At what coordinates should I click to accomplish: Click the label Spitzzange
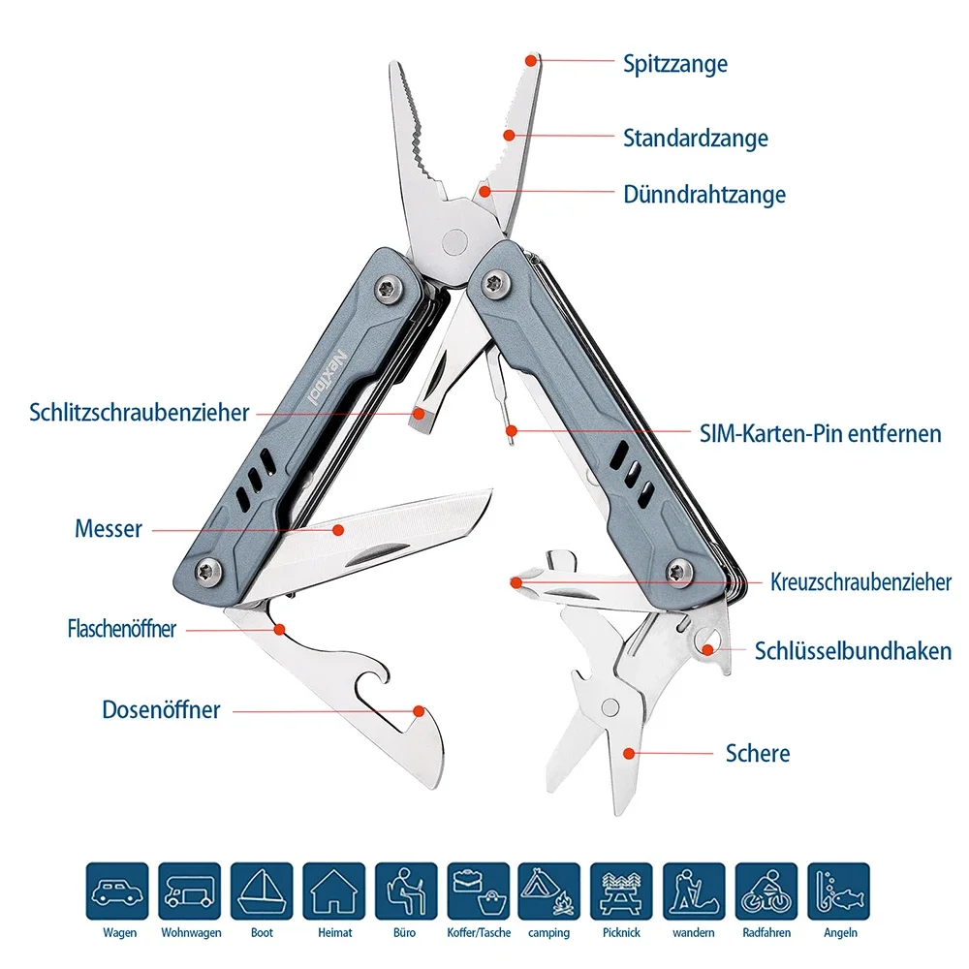coord(674,64)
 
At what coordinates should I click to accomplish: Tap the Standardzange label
coord(695,138)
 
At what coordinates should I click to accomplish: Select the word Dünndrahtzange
coord(703,195)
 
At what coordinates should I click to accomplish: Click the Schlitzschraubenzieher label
coord(140,413)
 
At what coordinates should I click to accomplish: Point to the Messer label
coord(109,529)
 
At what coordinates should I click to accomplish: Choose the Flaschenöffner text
coord(122,628)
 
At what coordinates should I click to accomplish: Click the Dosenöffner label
coord(161,709)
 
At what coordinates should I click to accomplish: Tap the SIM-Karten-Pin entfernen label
coord(820,432)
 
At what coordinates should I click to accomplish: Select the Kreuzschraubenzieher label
coord(860,582)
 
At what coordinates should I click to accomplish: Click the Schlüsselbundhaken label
coord(853,651)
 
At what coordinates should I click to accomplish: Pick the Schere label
coord(757,753)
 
